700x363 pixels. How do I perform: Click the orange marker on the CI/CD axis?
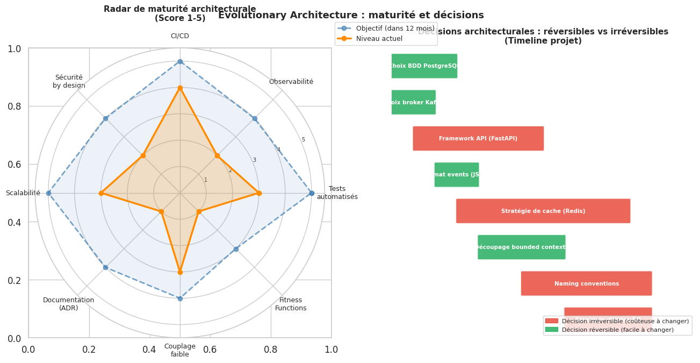(180, 88)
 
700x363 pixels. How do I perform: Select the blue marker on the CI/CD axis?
(180, 61)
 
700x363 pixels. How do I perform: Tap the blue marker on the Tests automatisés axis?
(312, 193)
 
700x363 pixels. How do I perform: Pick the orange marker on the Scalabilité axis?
(101, 193)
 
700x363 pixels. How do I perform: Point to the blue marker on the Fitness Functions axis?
(236, 249)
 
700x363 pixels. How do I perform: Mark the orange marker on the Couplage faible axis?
(180, 272)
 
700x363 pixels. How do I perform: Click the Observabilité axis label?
(291, 82)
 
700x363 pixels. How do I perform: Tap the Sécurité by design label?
(69, 81)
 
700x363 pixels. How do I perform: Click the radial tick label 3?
(254, 160)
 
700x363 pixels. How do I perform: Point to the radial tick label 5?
(303, 140)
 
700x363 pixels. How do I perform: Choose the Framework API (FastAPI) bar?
(478, 138)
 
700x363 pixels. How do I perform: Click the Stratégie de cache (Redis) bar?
(543, 211)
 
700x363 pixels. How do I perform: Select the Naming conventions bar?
(586, 283)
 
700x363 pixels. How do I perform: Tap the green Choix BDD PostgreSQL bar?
(424, 66)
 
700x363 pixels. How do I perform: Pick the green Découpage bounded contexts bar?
(521, 247)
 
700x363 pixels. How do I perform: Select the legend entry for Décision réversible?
(617, 330)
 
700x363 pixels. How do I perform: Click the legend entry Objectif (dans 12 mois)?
(386, 29)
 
